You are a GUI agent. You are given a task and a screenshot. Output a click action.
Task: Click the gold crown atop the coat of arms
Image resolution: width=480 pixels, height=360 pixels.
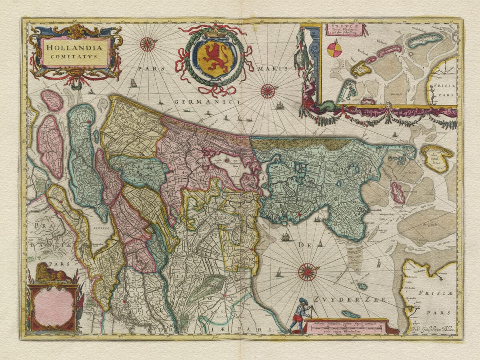[216, 32]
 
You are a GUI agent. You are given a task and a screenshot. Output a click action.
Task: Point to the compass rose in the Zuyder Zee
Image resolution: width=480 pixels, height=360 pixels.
[307, 272]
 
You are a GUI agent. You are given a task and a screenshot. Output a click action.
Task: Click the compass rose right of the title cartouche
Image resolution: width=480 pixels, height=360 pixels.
[147, 44]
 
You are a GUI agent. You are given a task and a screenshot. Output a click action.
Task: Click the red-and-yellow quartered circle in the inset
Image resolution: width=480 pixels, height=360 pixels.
[334, 50]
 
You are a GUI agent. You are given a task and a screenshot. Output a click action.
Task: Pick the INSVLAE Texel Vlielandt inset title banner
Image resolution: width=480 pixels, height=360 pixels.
[346, 30]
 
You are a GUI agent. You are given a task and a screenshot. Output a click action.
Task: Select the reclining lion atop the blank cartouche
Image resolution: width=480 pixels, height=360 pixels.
[51, 274]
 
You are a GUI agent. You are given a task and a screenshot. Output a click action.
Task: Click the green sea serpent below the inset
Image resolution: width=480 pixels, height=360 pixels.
[324, 106]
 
